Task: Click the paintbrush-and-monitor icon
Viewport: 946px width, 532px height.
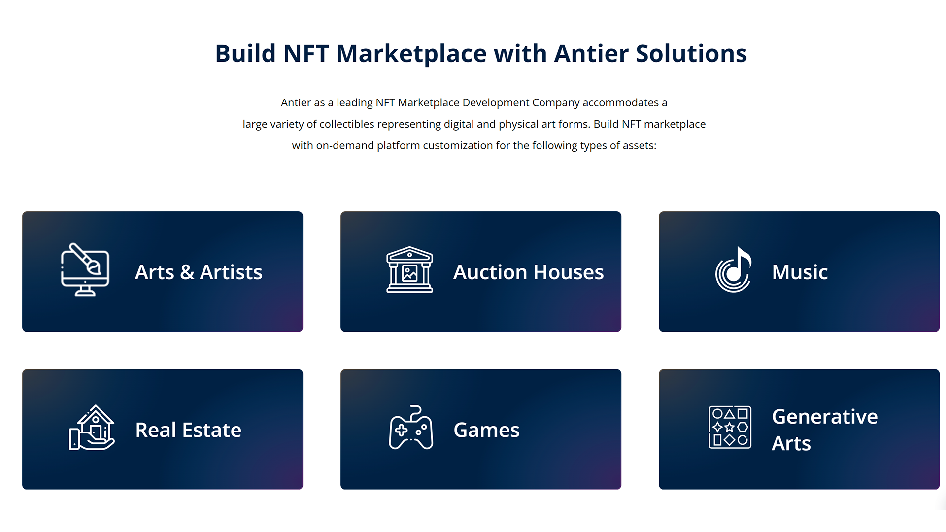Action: [85, 269]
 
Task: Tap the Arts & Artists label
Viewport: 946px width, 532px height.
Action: [199, 272]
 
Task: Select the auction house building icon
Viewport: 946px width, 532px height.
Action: [409, 269]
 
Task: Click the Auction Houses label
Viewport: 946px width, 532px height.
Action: [528, 272]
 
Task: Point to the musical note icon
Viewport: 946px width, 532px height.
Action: [733, 269]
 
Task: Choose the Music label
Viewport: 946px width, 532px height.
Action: [800, 272]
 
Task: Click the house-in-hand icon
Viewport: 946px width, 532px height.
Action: [92, 427]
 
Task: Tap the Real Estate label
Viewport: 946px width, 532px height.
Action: [188, 430]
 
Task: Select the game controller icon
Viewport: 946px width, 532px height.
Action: [411, 427]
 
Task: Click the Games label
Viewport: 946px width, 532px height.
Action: [486, 430]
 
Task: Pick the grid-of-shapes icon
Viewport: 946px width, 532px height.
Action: [730, 427]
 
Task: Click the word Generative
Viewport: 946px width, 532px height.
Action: [825, 417]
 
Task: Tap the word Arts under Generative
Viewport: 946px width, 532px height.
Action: [791, 443]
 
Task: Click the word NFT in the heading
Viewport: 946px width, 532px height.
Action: [306, 53]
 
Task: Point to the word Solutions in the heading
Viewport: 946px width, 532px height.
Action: [691, 53]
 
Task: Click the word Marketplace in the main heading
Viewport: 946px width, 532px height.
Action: [411, 53]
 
